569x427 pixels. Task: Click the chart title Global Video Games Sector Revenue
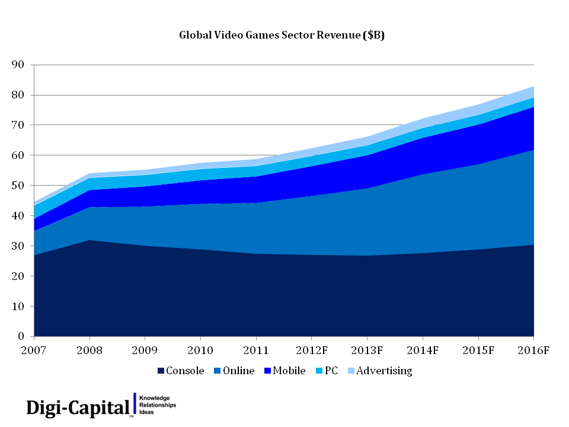click(282, 36)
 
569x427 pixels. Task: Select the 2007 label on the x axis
click(34, 350)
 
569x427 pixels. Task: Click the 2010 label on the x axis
click(200, 350)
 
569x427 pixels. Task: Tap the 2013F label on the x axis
click(367, 350)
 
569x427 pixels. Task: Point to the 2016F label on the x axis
click(533, 350)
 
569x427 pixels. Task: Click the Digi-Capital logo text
click(78, 407)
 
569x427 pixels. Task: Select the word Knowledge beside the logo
click(154, 397)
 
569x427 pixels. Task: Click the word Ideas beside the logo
click(146, 412)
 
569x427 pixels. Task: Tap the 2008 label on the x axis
click(89, 350)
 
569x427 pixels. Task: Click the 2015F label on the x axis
click(478, 350)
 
